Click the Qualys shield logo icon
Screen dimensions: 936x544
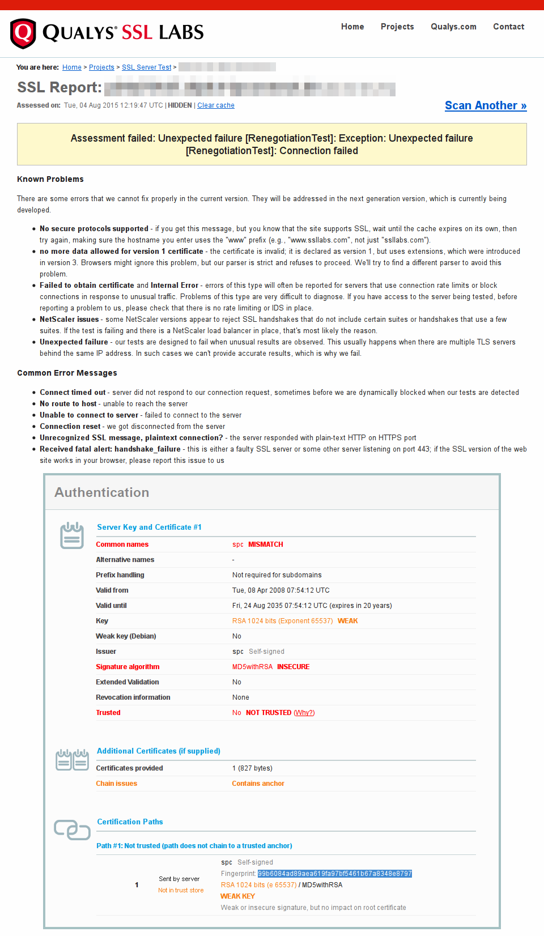coord(23,33)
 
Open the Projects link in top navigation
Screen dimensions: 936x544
coord(397,27)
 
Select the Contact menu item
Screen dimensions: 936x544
coord(508,27)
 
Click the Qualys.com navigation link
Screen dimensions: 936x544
coord(453,27)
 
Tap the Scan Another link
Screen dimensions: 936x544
coord(486,105)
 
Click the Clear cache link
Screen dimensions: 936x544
coord(216,105)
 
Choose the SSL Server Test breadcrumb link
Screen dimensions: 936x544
coord(147,67)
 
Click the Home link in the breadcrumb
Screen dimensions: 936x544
coord(72,67)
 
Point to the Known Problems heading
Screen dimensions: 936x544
coord(50,179)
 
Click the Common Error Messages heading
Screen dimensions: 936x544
coord(67,373)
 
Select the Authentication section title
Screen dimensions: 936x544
coord(102,492)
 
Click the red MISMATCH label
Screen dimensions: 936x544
coord(266,544)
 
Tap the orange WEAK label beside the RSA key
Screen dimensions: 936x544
coord(348,621)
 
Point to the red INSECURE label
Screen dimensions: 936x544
coord(294,667)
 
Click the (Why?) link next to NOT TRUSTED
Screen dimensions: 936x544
coord(304,713)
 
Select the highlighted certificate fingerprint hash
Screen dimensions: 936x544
coord(335,874)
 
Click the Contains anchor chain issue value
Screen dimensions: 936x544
coord(258,784)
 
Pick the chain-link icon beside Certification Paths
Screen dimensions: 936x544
coord(72,830)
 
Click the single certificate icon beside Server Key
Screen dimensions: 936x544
coord(72,535)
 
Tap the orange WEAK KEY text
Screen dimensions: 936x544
coord(237,896)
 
